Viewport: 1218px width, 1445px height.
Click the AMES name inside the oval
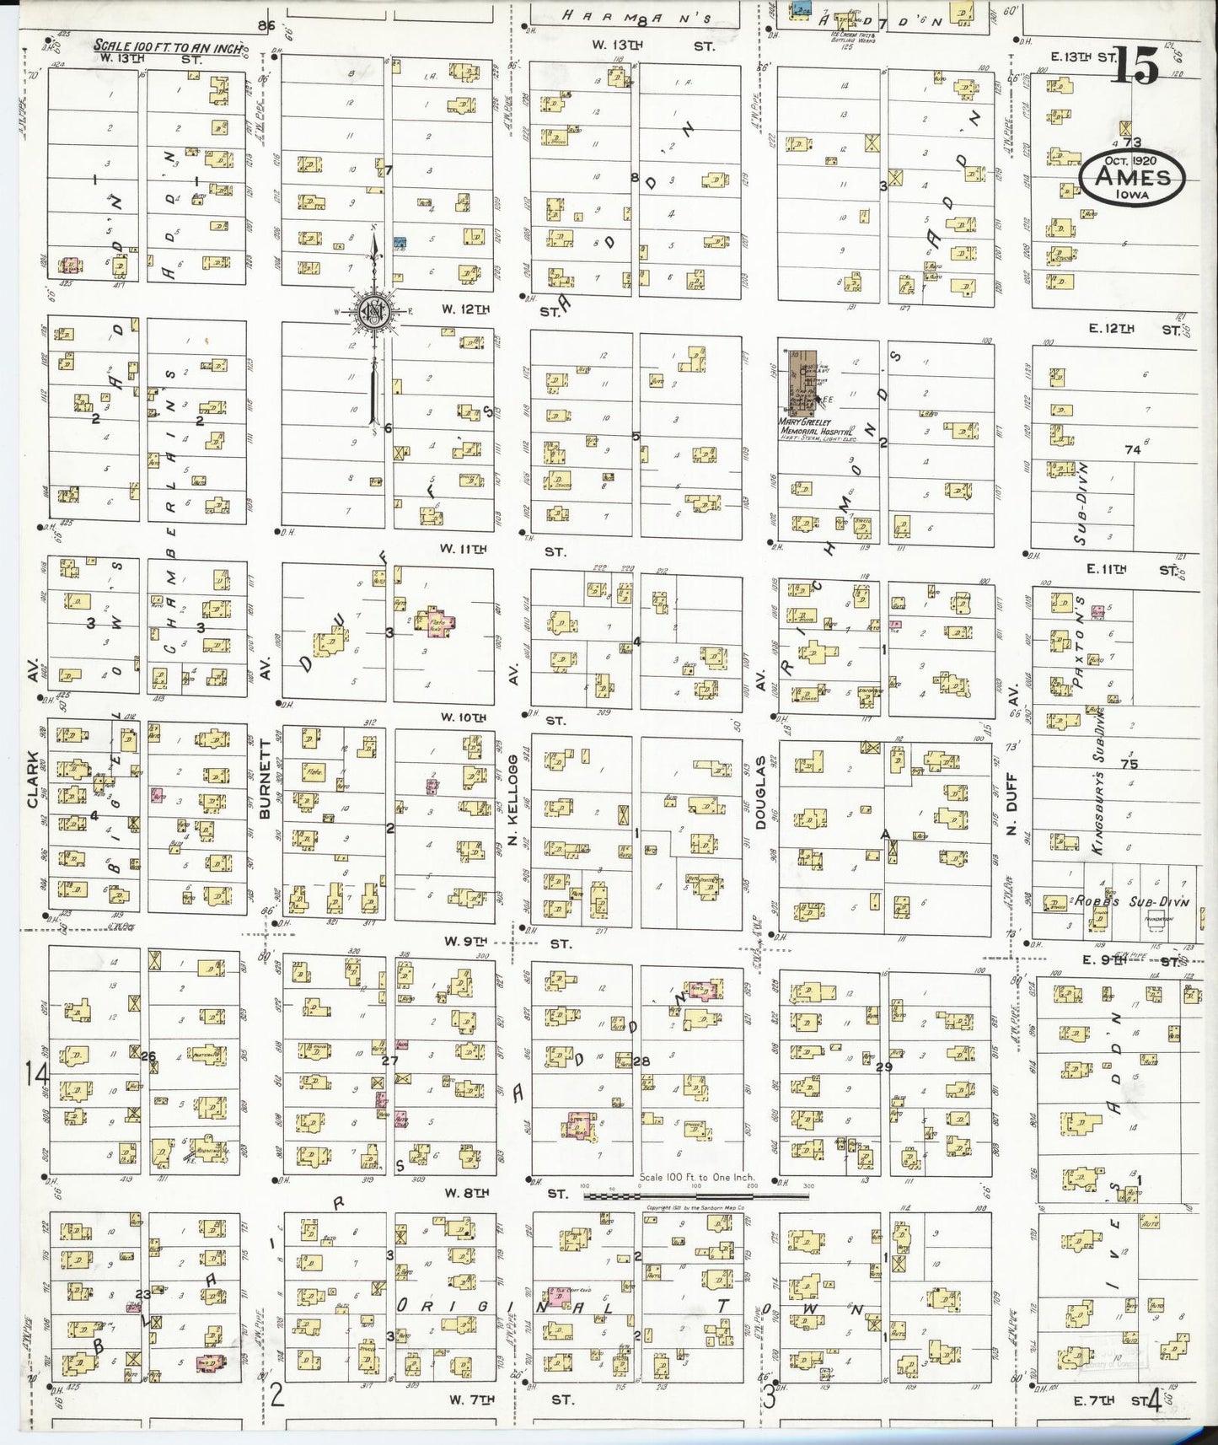point(1132,177)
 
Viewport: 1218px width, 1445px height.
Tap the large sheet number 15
point(1135,66)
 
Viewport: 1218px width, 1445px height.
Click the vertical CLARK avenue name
point(34,778)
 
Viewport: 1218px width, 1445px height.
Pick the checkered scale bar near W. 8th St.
point(670,1196)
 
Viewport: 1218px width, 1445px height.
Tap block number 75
point(1129,764)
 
